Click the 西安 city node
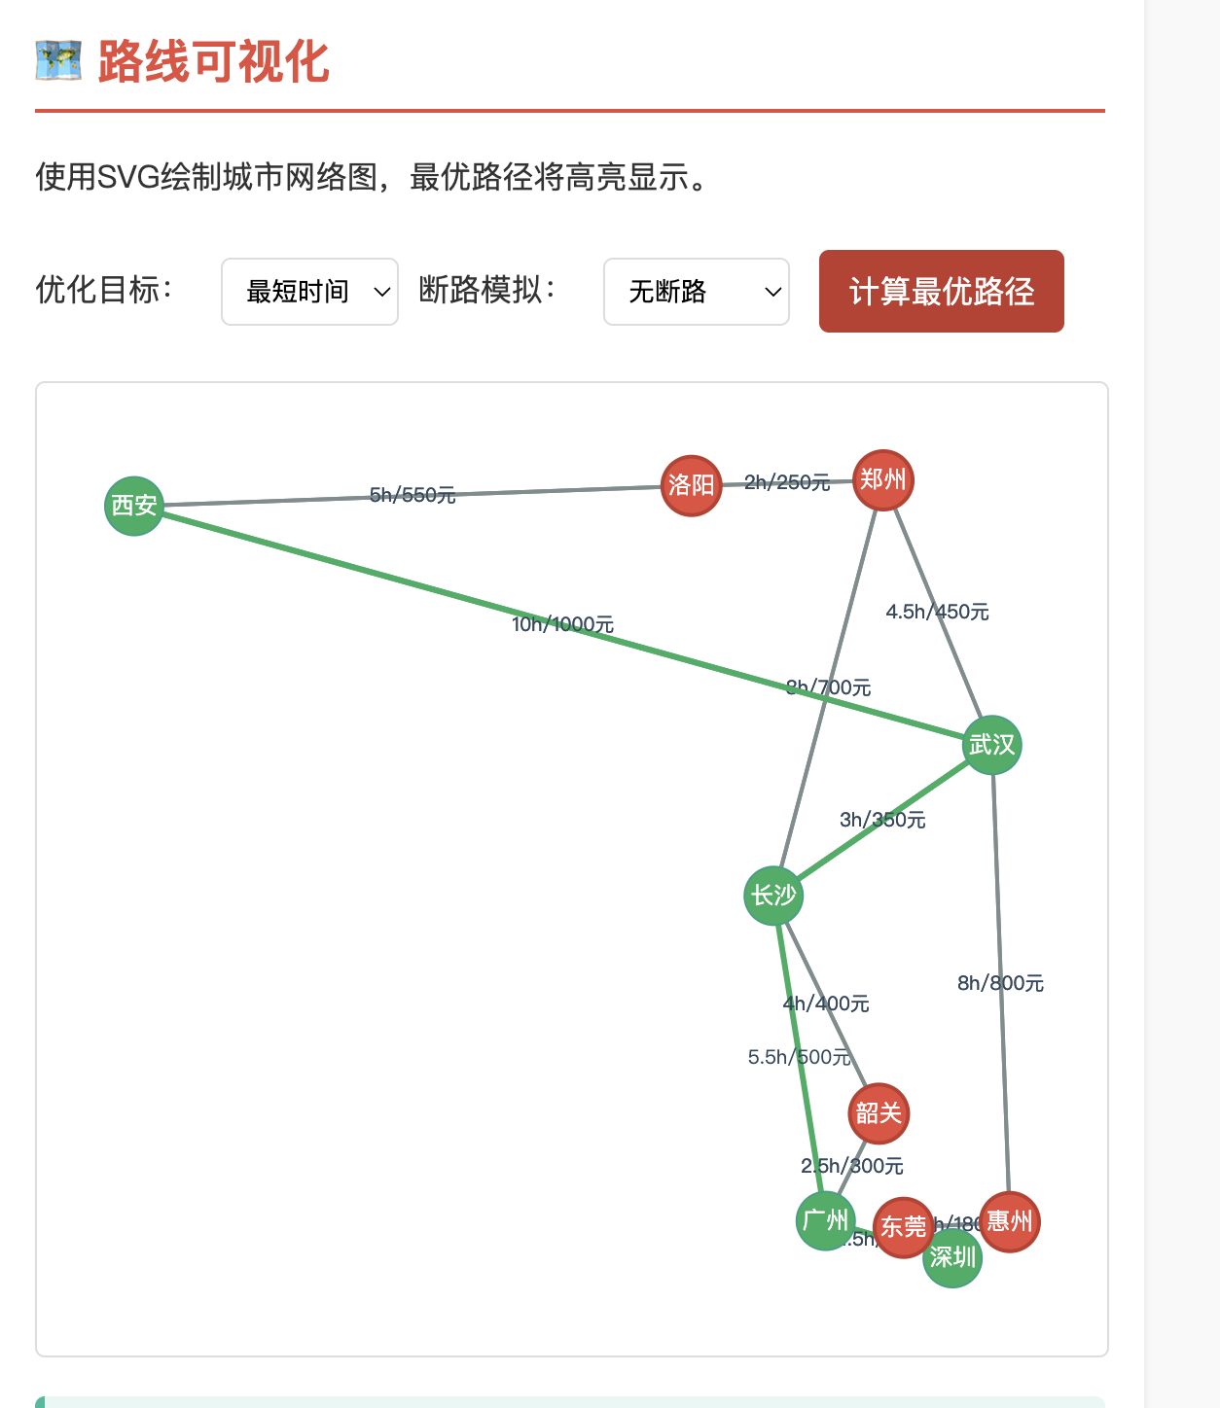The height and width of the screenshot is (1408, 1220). click(x=134, y=506)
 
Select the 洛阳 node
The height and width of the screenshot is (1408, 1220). click(x=692, y=485)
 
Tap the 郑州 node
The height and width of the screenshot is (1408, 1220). click(x=883, y=480)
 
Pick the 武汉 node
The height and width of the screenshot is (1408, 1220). click(x=992, y=746)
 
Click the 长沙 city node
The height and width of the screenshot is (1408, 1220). click(x=773, y=896)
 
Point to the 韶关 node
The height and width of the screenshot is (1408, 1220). click(x=879, y=1113)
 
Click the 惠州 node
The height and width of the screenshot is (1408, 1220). click(x=1011, y=1220)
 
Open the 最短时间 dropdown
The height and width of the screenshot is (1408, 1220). click(x=309, y=292)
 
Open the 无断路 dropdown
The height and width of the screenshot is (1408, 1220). click(x=696, y=292)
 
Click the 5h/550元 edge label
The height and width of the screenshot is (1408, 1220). click(x=413, y=495)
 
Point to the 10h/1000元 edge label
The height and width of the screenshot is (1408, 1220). click(x=563, y=624)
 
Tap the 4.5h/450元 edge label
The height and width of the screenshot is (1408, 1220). click(x=937, y=612)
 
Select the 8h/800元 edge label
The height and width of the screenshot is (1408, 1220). click(x=1000, y=983)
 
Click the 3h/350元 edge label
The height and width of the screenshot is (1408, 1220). click(x=882, y=820)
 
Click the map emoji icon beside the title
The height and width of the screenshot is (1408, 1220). click(x=58, y=61)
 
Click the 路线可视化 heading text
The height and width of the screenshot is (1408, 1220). click(x=214, y=62)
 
